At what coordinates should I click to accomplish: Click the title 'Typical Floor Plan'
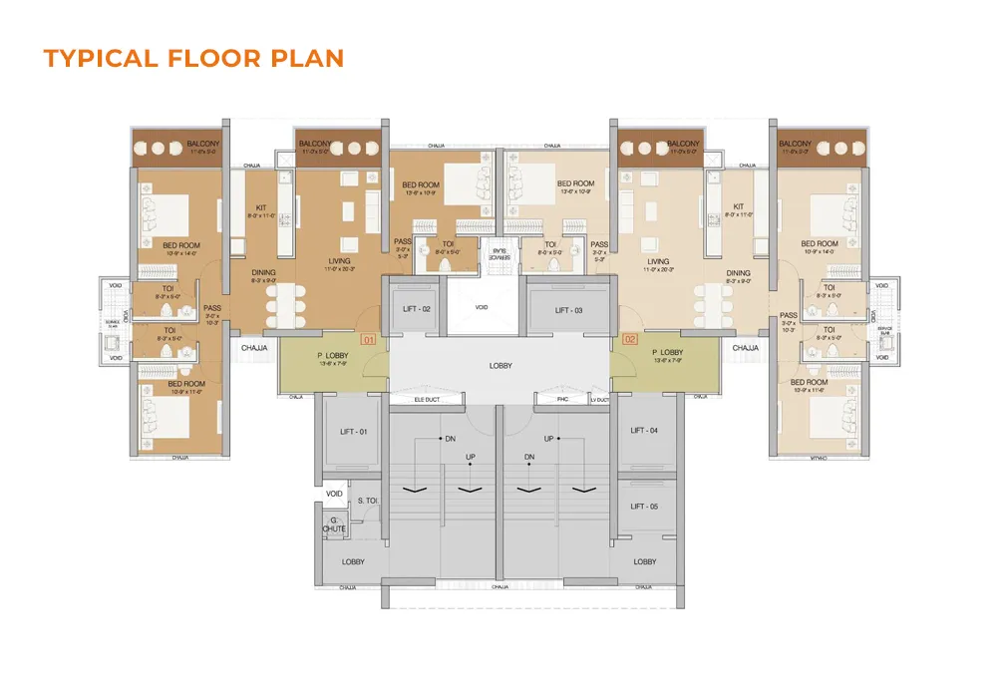193,58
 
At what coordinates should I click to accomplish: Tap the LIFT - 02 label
417,310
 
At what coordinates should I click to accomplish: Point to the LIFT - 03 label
569,310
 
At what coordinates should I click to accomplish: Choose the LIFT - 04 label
645,431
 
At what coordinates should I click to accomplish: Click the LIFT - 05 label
645,507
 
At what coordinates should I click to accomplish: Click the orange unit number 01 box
367,340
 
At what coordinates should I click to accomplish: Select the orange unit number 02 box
630,340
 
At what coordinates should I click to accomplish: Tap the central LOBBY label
500,366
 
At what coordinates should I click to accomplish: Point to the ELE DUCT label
428,400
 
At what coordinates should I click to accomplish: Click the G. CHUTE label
334,524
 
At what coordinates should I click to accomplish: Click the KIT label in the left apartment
261,208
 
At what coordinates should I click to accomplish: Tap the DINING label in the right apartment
738,273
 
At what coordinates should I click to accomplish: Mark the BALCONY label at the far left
203,145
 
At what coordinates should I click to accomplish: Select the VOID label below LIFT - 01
334,494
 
